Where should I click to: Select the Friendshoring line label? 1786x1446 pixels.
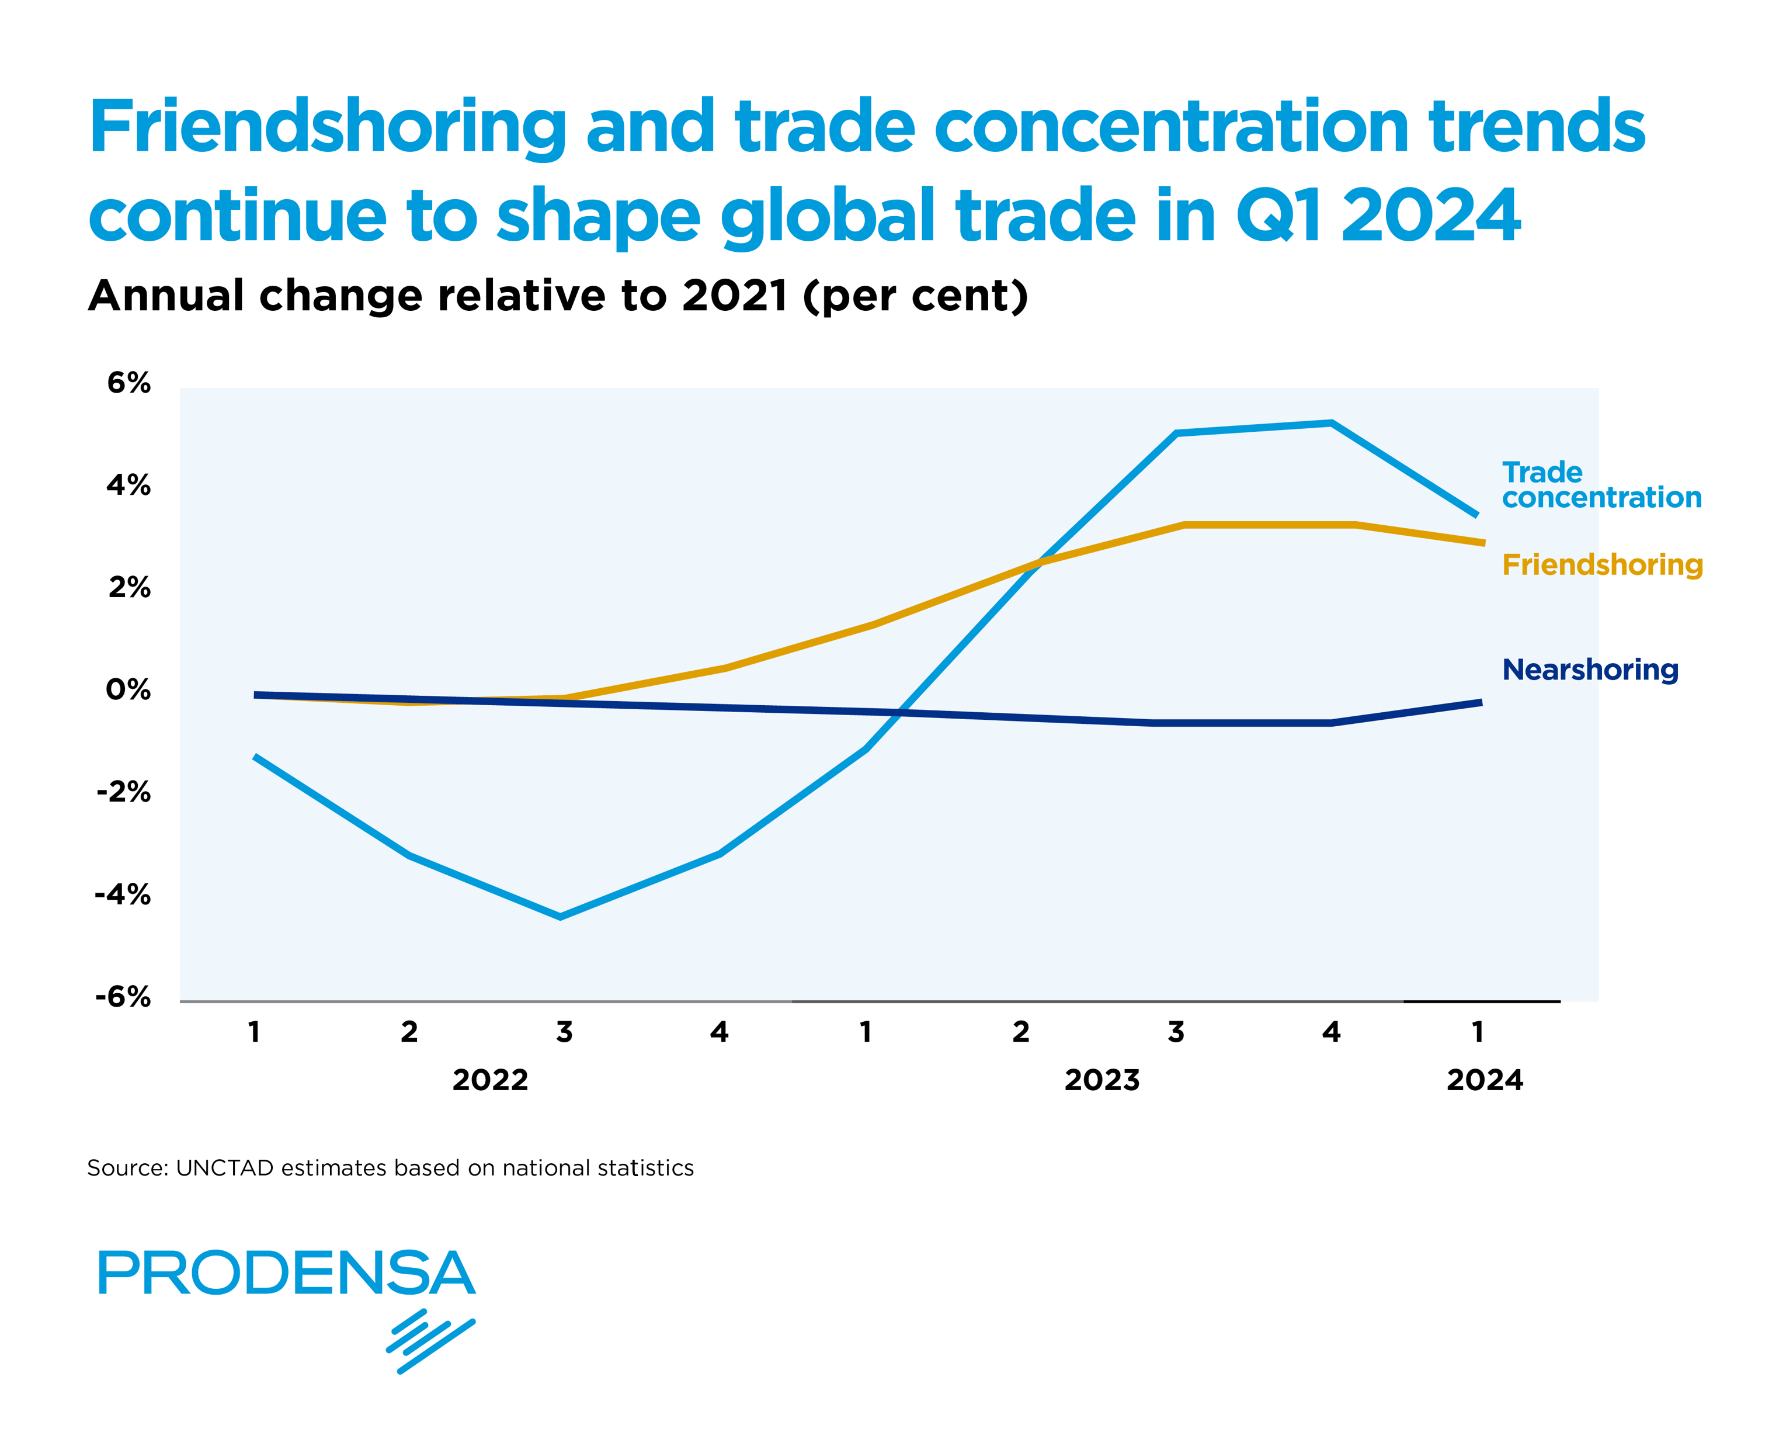click(1601, 565)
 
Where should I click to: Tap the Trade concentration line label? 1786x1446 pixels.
click(1600, 485)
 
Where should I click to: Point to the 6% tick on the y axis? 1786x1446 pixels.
click(129, 383)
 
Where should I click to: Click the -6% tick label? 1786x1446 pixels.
click(123, 997)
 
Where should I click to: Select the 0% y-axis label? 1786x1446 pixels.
click(128, 689)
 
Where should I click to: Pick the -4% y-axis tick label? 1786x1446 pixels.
click(123, 896)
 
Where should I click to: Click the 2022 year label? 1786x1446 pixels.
click(491, 1080)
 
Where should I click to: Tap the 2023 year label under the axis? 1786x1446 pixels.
click(1102, 1080)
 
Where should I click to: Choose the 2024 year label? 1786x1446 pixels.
click(1483, 1080)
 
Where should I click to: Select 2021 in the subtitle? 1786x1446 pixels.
click(734, 296)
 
